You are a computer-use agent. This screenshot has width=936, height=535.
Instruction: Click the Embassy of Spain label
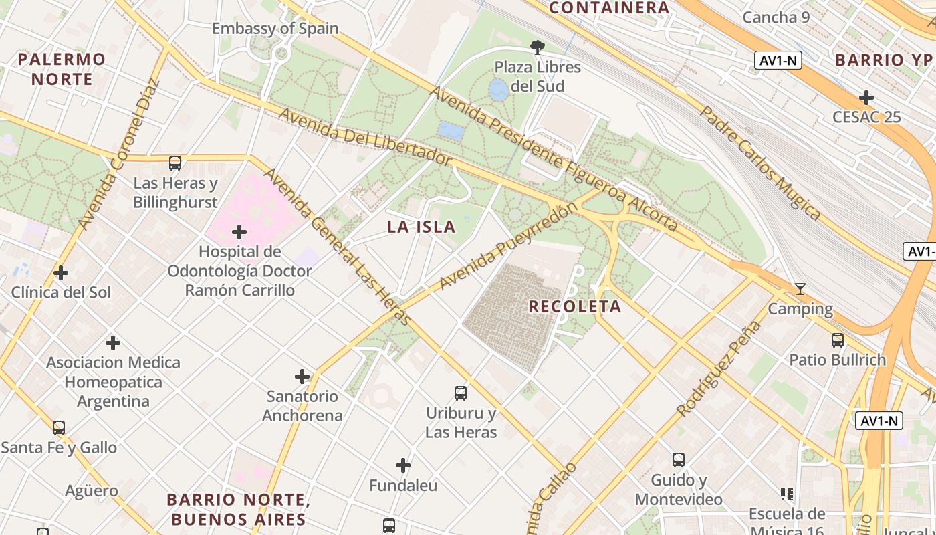click(x=275, y=29)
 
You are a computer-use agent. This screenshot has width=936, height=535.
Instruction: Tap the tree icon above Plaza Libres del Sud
click(x=537, y=47)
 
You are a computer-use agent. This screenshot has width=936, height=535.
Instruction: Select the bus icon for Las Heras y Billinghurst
click(x=175, y=163)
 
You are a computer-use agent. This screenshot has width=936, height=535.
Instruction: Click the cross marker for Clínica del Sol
click(x=61, y=273)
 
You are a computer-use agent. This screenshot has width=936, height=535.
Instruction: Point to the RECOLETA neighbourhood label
click(x=575, y=307)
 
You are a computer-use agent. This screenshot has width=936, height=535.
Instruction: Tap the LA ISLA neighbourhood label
click(x=421, y=227)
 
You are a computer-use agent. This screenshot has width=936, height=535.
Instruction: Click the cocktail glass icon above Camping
click(x=800, y=289)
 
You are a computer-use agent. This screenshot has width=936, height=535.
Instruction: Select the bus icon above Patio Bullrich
click(x=838, y=340)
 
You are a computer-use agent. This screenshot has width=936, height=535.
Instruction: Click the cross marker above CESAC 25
click(x=866, y=98)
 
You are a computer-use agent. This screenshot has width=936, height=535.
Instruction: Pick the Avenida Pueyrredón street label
click(x=508, y=246)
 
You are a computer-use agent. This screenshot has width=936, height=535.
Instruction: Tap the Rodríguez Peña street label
click(x=719, y=368)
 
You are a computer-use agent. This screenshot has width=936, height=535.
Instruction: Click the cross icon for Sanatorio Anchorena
click(x=302, y=377)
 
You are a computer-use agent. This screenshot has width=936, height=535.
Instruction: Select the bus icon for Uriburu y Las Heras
click(x=461, y=393)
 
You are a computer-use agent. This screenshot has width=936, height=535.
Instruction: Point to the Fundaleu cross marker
click(x=403, y=465)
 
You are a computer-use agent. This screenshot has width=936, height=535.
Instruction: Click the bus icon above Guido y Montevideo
click(x=679, y=460)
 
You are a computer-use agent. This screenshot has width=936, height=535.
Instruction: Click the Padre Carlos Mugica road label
click(x=760, y=163)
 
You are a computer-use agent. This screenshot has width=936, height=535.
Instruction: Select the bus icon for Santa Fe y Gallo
click(x=59, y=428)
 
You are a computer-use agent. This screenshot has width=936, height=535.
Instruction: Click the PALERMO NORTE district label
click(x=62, y=69)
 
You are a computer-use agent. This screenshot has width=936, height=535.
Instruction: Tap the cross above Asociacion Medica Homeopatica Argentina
click(x=113, y=343)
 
